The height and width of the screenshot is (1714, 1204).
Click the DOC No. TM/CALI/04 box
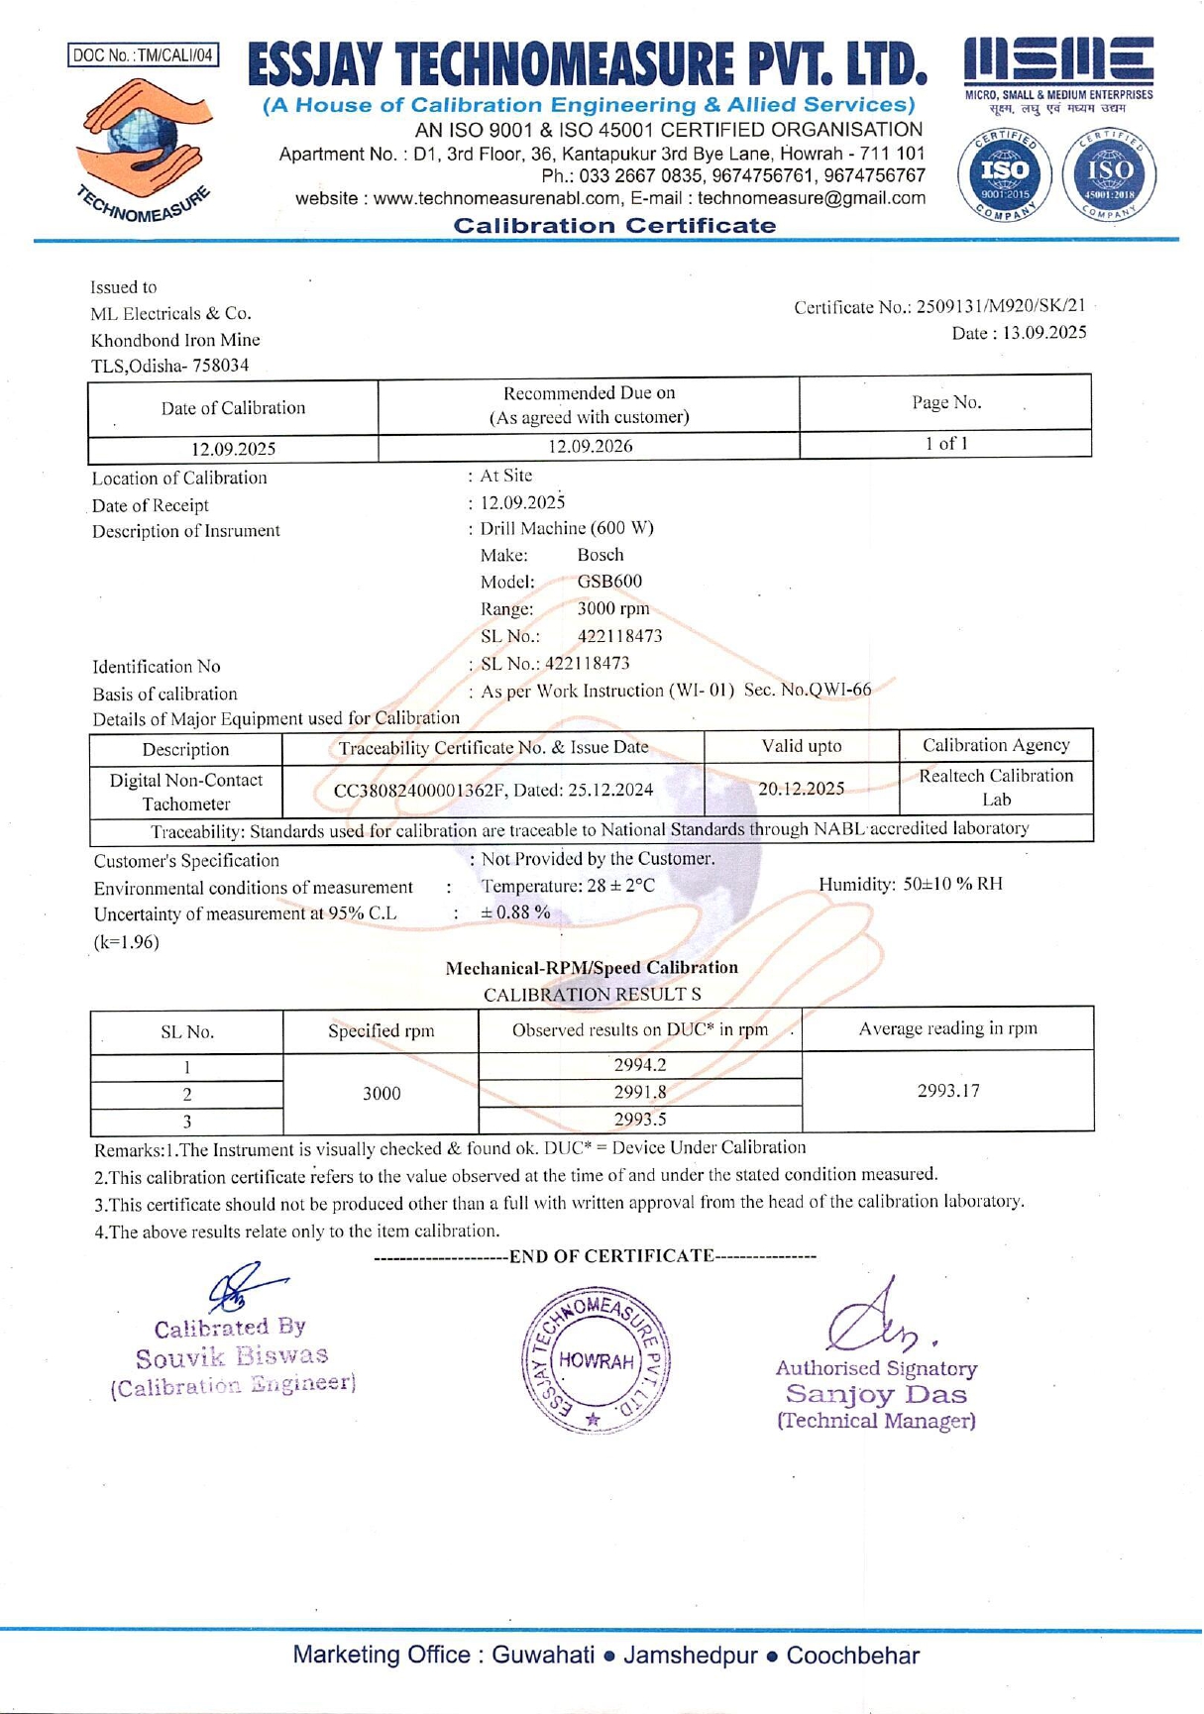tap(144, 55)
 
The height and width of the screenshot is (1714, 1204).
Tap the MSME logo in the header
tap(1058, 70)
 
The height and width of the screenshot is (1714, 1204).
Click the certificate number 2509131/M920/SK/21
tap(1001, 307)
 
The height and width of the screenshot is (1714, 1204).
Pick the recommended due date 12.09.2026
tap(591, 446)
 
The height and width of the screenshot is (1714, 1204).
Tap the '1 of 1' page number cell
tap(945, 443)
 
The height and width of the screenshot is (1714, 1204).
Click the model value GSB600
tap(609, 582)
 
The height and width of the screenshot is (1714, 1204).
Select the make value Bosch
tap(601, 555)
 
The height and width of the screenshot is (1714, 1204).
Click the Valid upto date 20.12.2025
tap(801, 789)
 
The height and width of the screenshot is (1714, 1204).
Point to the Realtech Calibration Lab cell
tap(996, 788)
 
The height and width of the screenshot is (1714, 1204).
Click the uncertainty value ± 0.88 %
tap(515, 912)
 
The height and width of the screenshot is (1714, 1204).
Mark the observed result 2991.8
tap(640, 1093)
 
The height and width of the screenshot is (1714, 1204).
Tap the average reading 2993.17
tap(947, 1091)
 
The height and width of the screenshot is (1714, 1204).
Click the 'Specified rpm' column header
tap(382, 1031)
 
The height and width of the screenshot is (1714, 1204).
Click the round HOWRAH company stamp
tap(596, 1360)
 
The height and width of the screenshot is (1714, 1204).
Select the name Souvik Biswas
tap(232, 1356)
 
